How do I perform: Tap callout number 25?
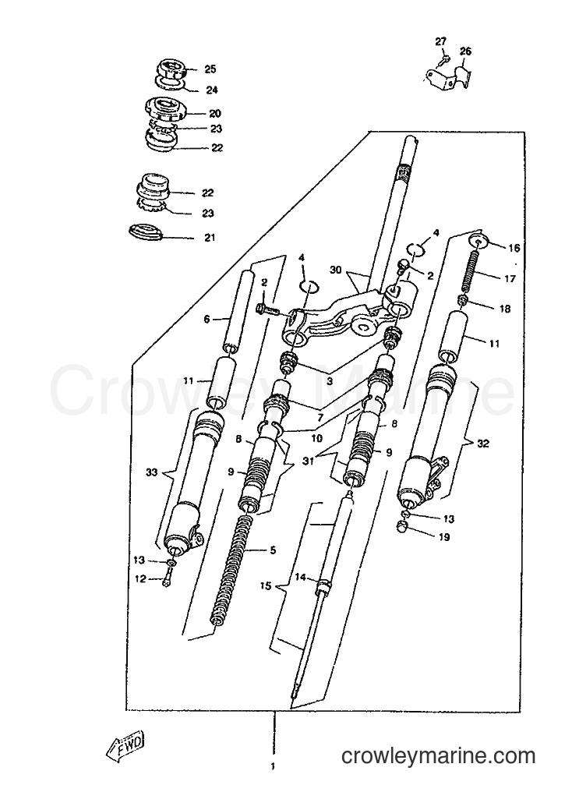pos(210,69)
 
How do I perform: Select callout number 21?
pos(209,238)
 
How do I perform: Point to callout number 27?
pos(441,42)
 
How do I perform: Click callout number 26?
pos(465,51)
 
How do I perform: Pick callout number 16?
pos(514,248)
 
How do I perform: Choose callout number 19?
pos(444,537)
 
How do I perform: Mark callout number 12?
pos(140,579)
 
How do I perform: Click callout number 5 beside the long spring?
pos(274,550)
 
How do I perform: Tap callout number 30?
pos(336,270)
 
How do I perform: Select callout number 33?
pos(152,472)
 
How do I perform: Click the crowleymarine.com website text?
pos(438,756)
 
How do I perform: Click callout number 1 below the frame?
pos(274,781)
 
